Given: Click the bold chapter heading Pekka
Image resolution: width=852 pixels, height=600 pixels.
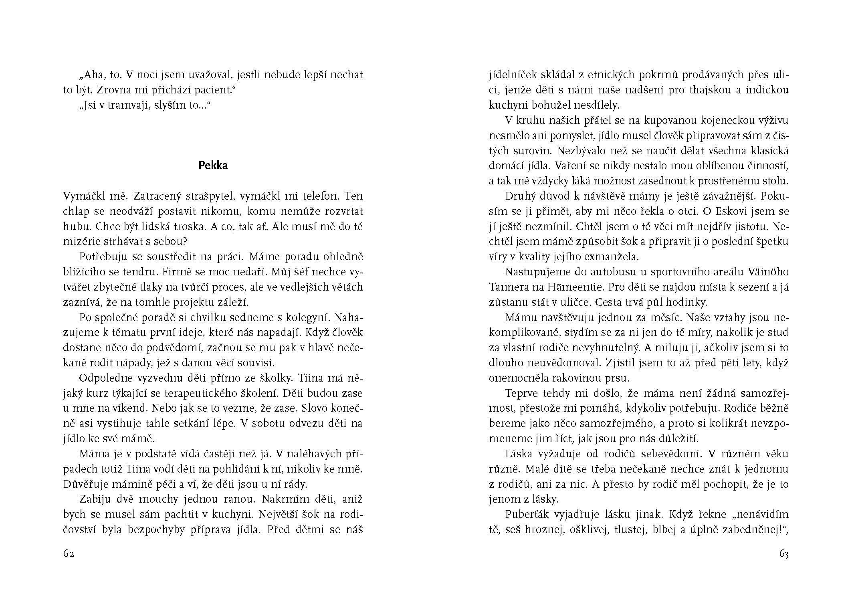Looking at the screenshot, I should [x=213, y=166].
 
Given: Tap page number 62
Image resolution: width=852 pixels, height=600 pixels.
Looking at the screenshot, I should [x=69, y=554].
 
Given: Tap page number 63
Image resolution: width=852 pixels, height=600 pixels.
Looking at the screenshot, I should [x=784, y=554].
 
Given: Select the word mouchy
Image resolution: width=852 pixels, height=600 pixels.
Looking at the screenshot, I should [x=160, y=499].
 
